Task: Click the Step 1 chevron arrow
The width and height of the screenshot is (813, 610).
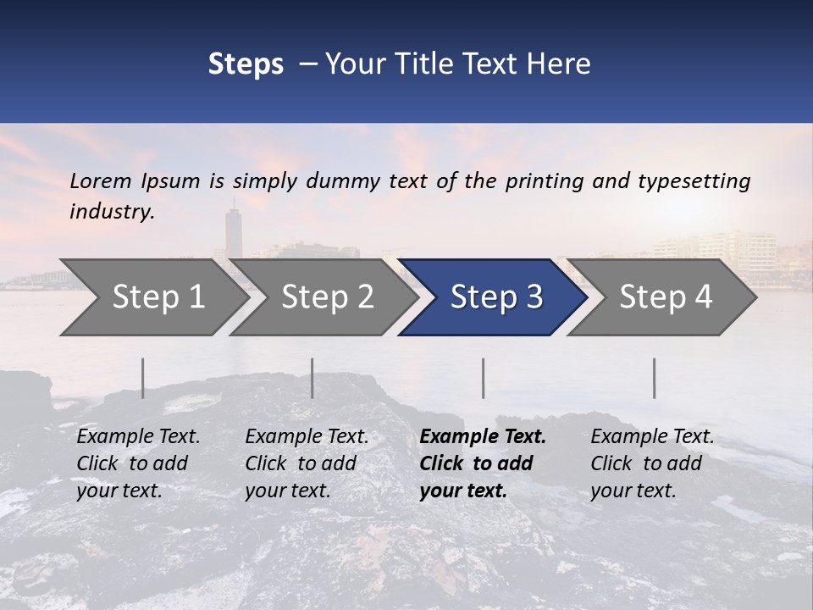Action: [x=152, y=297]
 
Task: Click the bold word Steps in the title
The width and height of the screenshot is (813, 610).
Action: [x=246, y=64]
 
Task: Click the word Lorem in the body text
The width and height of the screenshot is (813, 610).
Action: [x=101, y=181]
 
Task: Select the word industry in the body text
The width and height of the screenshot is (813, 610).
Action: [x=112, y=212]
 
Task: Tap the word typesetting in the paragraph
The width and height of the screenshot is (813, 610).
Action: [x=694, y=181]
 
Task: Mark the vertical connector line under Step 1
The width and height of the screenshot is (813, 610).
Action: [x=143, y=378]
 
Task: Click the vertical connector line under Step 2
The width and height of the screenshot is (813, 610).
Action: [x=312, y=378]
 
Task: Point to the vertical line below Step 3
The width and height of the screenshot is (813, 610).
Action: [x=483, y=378]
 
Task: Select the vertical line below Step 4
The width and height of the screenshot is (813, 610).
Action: [x=654, y=378]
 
